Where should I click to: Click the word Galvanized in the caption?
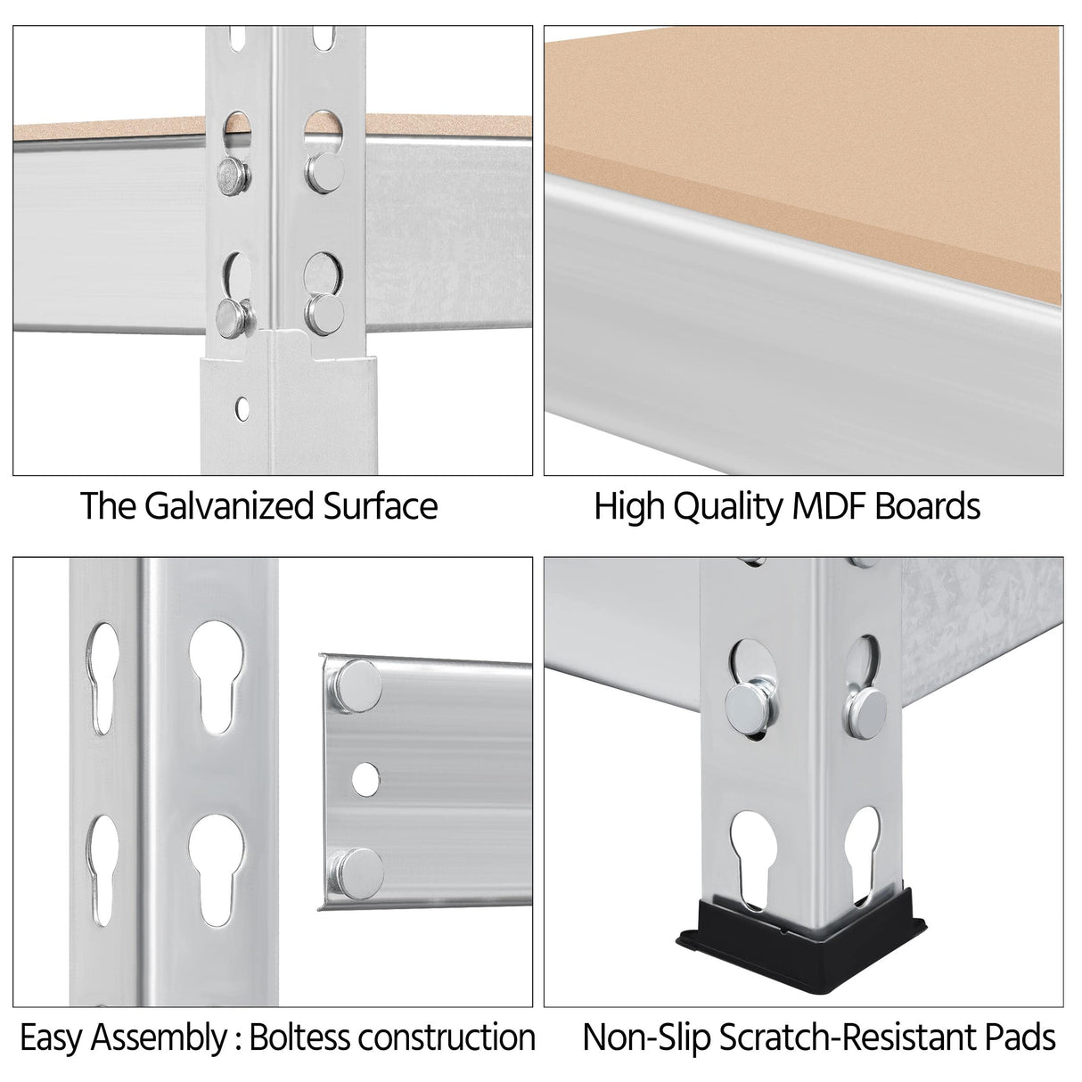(x=228, y=506)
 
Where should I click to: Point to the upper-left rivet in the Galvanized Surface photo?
(x=233, y=176)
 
